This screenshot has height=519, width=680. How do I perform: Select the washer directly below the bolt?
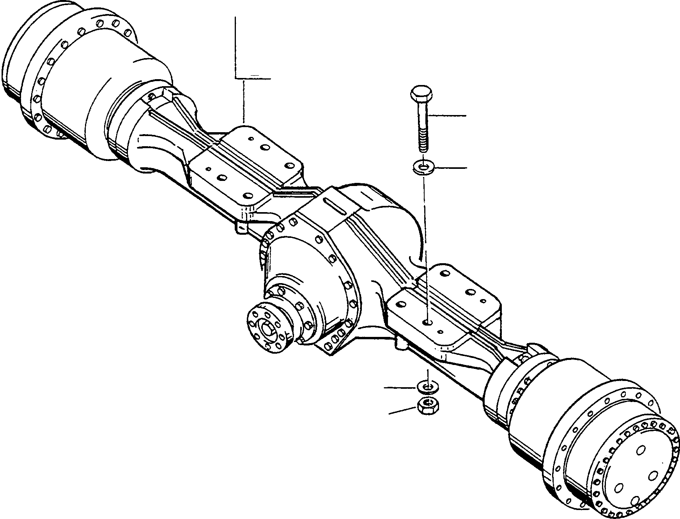[423, 168]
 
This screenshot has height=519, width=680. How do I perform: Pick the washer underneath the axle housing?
[427, 387]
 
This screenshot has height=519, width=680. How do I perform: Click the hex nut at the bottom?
[428, 406]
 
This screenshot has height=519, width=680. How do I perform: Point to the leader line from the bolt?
[448, 115]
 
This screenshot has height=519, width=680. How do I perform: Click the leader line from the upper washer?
[450, 168]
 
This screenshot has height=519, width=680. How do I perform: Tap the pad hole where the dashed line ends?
[428, 322]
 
